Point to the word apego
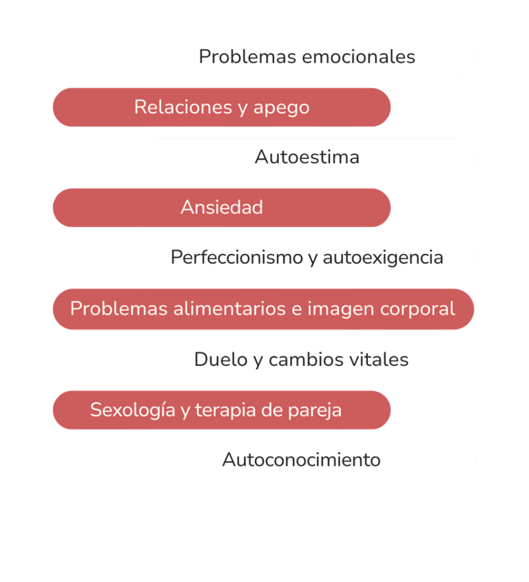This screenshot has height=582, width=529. [x=282, y=108]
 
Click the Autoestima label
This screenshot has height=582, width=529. [x=307, y=157]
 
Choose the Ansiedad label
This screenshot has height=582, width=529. [x=221, y=207]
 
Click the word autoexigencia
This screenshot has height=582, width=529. [x=382, y=258]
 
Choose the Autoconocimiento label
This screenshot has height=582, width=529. [x=301, y=460]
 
